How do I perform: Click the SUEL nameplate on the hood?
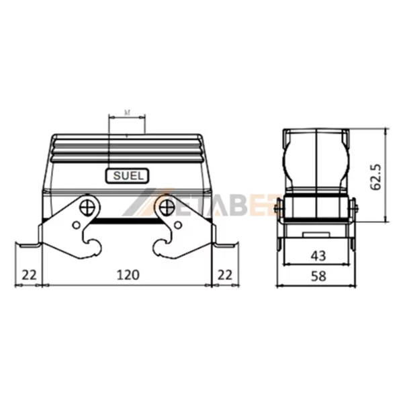tap(126, 177)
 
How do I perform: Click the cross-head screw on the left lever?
tap(89, 202)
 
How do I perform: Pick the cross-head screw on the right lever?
tap(165, 202)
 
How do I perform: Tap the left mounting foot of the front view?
tap(28, 245)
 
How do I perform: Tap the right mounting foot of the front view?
tap(226, 245)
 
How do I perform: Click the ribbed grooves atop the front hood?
tap(127, 149)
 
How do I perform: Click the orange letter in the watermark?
tap(257, 209)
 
